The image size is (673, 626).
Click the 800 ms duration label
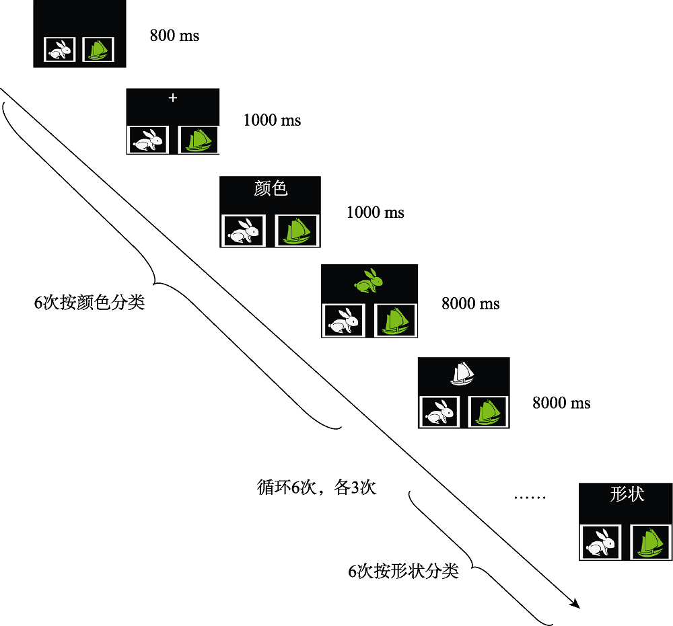(x=174, y=36)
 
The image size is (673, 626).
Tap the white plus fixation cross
(x=173, y=98)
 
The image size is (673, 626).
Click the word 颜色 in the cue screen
(x=271, y=189)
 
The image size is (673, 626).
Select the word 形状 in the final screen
(x=627, y=494)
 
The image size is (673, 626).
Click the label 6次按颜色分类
(x=90, y=303)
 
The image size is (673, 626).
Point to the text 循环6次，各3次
(x=316, y=487)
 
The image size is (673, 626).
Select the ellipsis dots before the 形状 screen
(x=531, y=498)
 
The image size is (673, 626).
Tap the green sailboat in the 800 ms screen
(x=98, y=50)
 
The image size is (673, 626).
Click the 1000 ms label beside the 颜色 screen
(x=375, y=212)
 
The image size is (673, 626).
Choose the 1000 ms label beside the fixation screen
(x=272, y=120)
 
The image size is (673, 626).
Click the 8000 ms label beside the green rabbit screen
(x=470, y=304)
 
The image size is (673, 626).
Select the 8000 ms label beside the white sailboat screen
(x=561, y=403)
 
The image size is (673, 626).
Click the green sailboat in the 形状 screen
(x=650, y=542)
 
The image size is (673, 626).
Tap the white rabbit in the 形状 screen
(x=600, y=542)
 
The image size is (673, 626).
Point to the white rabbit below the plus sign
(x=148, y=140)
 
